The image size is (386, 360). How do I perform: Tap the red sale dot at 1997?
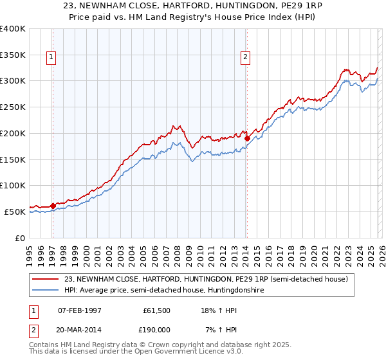53,206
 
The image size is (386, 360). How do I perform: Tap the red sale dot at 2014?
247,138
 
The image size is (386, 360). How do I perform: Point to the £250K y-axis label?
13,107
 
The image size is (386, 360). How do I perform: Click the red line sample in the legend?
46,279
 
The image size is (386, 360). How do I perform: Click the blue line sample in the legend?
46,291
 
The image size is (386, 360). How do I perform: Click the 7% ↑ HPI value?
219,329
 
